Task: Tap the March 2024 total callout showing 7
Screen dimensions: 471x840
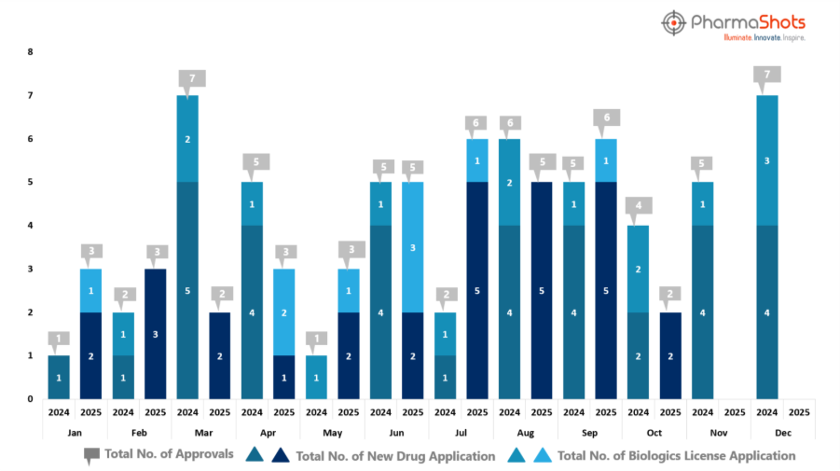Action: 188,78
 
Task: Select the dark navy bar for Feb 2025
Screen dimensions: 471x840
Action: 156,334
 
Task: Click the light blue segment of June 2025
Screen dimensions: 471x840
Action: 414,246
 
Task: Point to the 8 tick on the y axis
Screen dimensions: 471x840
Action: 30,52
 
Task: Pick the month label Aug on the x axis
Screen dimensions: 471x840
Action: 525,432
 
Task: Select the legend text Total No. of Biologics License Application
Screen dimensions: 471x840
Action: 676,456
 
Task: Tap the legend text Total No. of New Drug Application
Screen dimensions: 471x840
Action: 394,456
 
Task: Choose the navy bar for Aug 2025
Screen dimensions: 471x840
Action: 542,290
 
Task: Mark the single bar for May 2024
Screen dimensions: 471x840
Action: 317,377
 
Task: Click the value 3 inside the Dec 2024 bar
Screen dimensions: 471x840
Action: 767,160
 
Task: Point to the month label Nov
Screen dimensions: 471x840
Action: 719,432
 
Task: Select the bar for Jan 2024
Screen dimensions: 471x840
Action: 60,377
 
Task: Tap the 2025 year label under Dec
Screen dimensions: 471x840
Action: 799,411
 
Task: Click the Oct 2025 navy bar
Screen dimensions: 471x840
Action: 670,355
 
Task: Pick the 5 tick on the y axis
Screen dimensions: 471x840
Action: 30,182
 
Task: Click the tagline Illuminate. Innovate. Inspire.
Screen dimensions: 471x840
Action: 764,37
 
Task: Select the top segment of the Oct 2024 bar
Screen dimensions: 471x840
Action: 639,269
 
